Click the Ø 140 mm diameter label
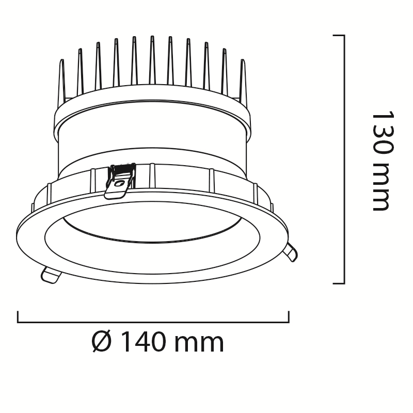(158, 342)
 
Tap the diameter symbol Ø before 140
(102, 342)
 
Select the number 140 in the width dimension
(144, 342)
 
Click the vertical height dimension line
(344, 159)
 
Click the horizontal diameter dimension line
(153, 322)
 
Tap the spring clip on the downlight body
(120, 181)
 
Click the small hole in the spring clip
(120, 183)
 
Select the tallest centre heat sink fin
(152, 60)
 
